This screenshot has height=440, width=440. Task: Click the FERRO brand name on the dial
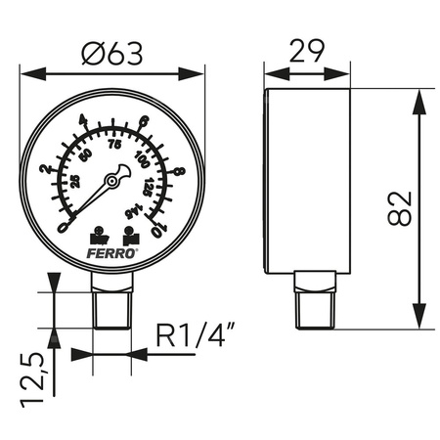pyautogui.click(x=112, y=251)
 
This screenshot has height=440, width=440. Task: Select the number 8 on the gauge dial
pyautogui.click(x=178, y=172)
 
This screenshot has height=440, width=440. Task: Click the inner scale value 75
pyautogui.click(x=113, y=145)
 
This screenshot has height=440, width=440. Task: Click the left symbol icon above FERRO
pyautogui.click(x=98, y=236)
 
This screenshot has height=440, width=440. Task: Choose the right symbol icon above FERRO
pyautogui.click(x=129, y=236)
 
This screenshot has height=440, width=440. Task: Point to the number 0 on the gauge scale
pyautogui.click(x=64, y=227)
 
